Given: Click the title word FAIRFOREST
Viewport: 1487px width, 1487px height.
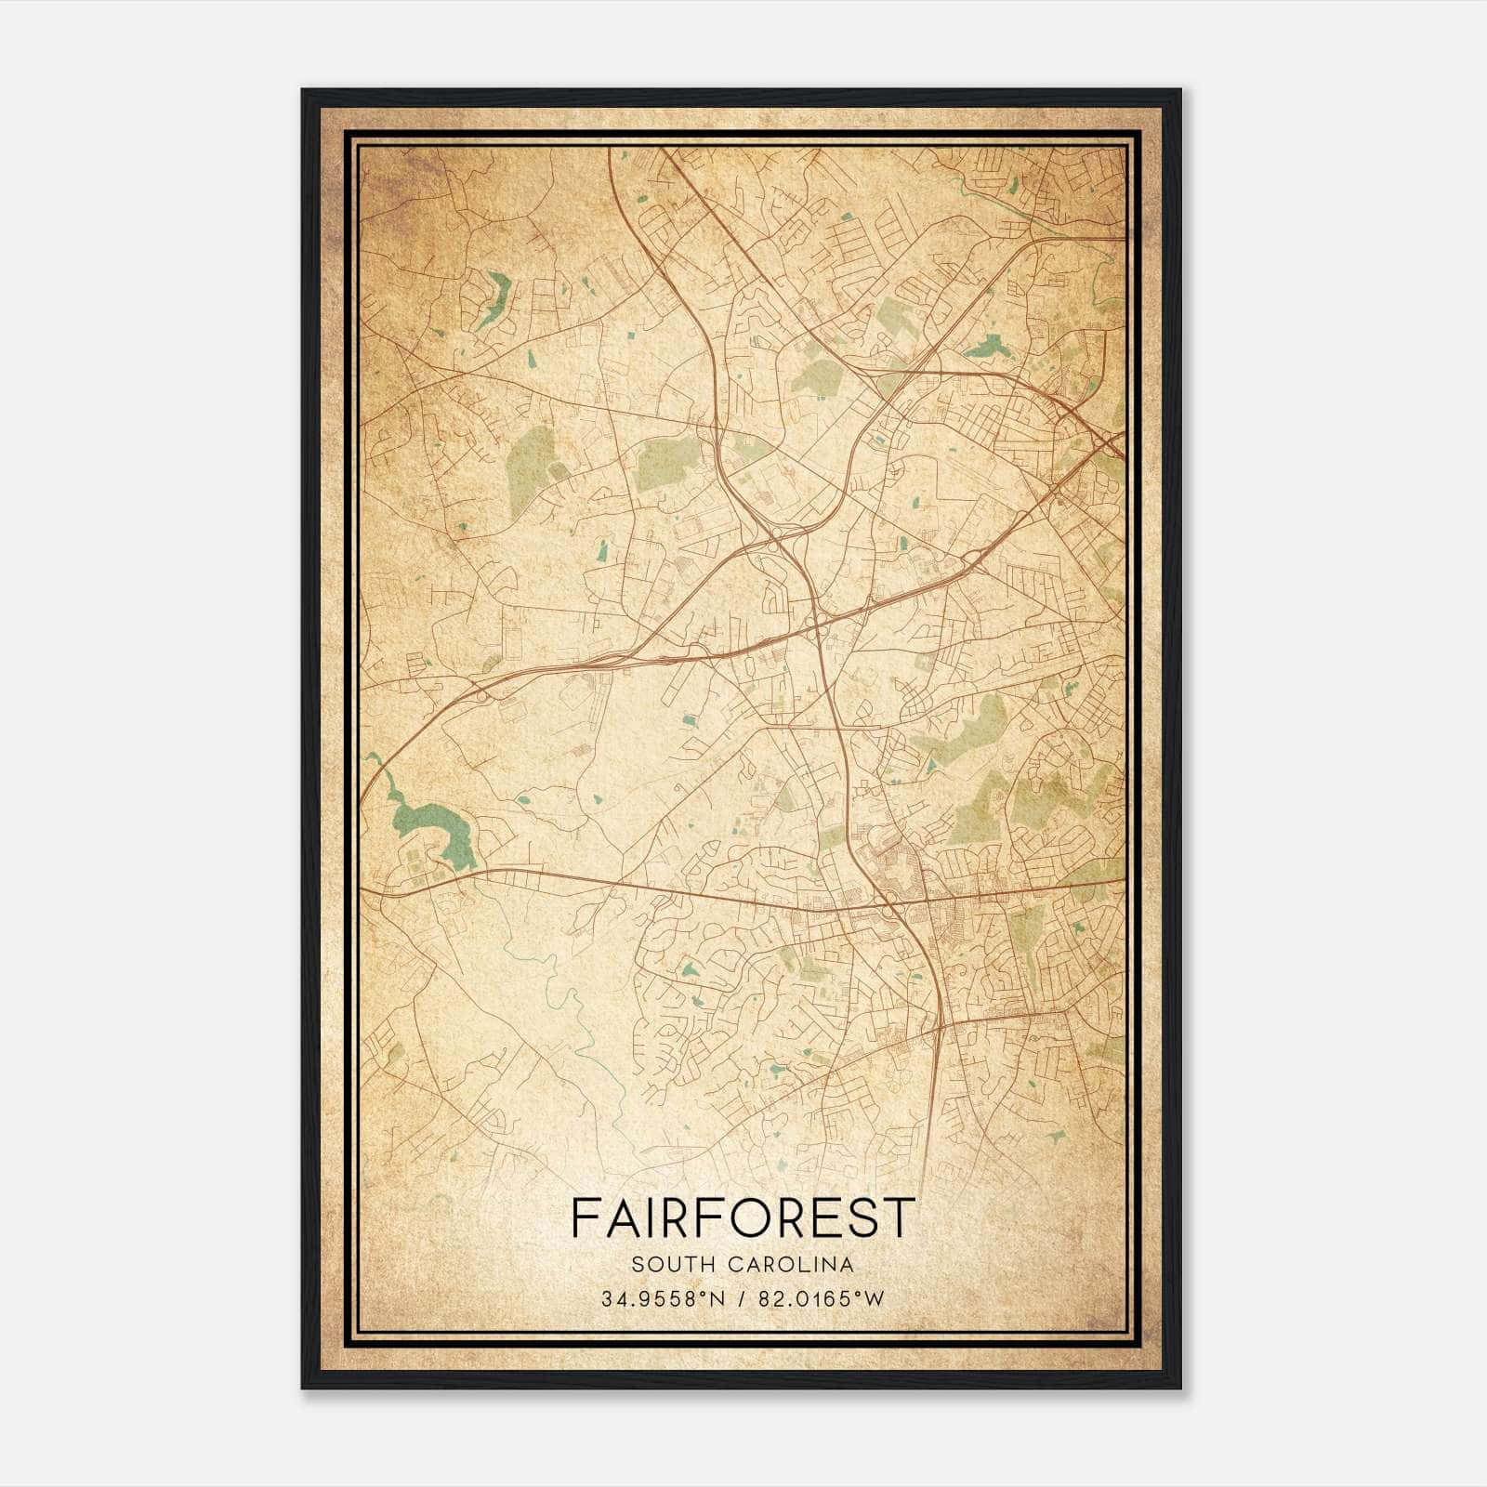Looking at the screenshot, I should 743,1217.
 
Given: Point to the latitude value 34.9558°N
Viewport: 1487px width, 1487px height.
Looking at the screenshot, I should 659,1299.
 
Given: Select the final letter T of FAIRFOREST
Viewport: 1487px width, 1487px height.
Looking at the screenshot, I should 899,1217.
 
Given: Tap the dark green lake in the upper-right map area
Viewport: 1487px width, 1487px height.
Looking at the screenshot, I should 983,349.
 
